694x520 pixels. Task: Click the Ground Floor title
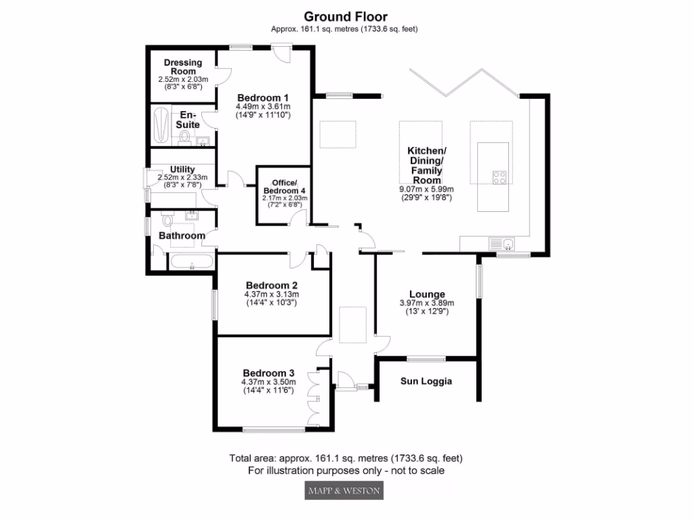click(346, 16)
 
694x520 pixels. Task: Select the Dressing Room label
click(183, 66)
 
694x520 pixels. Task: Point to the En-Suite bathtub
click(161, 125)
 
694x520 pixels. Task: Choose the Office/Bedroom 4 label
click(285, 188)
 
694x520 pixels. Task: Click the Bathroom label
click(182, 236)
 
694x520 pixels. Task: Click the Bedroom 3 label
click(268, 373)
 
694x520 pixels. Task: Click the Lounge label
click(427, 294)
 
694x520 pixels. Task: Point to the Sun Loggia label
click(426, 381)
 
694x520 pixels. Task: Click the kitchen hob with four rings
click(500, 178)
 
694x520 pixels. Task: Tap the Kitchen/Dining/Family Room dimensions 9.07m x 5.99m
click(426, 190)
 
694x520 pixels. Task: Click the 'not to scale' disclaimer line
click(346, 470)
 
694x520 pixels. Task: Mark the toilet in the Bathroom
click(167, 221)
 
